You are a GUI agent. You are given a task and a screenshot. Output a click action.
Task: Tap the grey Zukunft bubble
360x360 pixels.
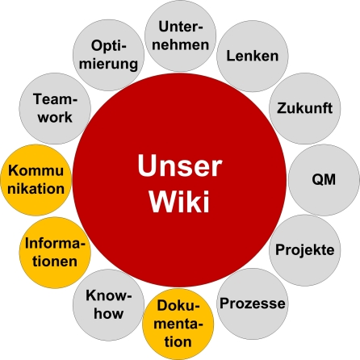tap(305, 107)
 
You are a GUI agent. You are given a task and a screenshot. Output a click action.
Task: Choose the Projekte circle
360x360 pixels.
tap(305, 249)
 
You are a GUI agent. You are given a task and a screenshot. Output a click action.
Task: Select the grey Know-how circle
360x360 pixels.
tap(109, 305)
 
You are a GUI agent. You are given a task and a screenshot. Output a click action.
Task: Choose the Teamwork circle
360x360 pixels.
tap(53, 107)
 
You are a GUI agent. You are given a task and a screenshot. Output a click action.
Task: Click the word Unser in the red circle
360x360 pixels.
tap(179, 167)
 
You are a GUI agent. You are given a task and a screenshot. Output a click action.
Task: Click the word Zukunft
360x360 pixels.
tap(305, 107)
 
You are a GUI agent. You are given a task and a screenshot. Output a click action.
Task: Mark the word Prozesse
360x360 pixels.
tap(253, 304)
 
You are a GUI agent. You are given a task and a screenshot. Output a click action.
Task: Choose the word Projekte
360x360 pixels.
tap(305, 250)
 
